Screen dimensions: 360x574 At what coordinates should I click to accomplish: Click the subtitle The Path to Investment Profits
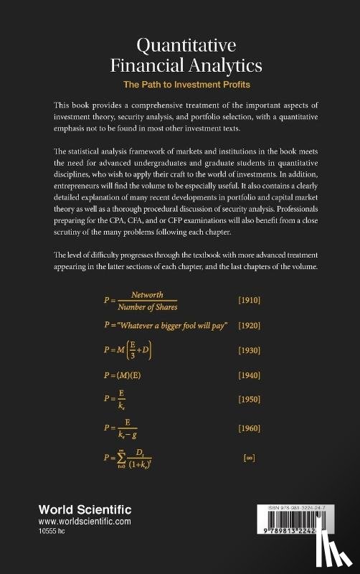pyautogui.click(x=180, y=84)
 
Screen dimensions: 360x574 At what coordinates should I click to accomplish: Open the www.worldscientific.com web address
pyautogui.click(x=85, y=522)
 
